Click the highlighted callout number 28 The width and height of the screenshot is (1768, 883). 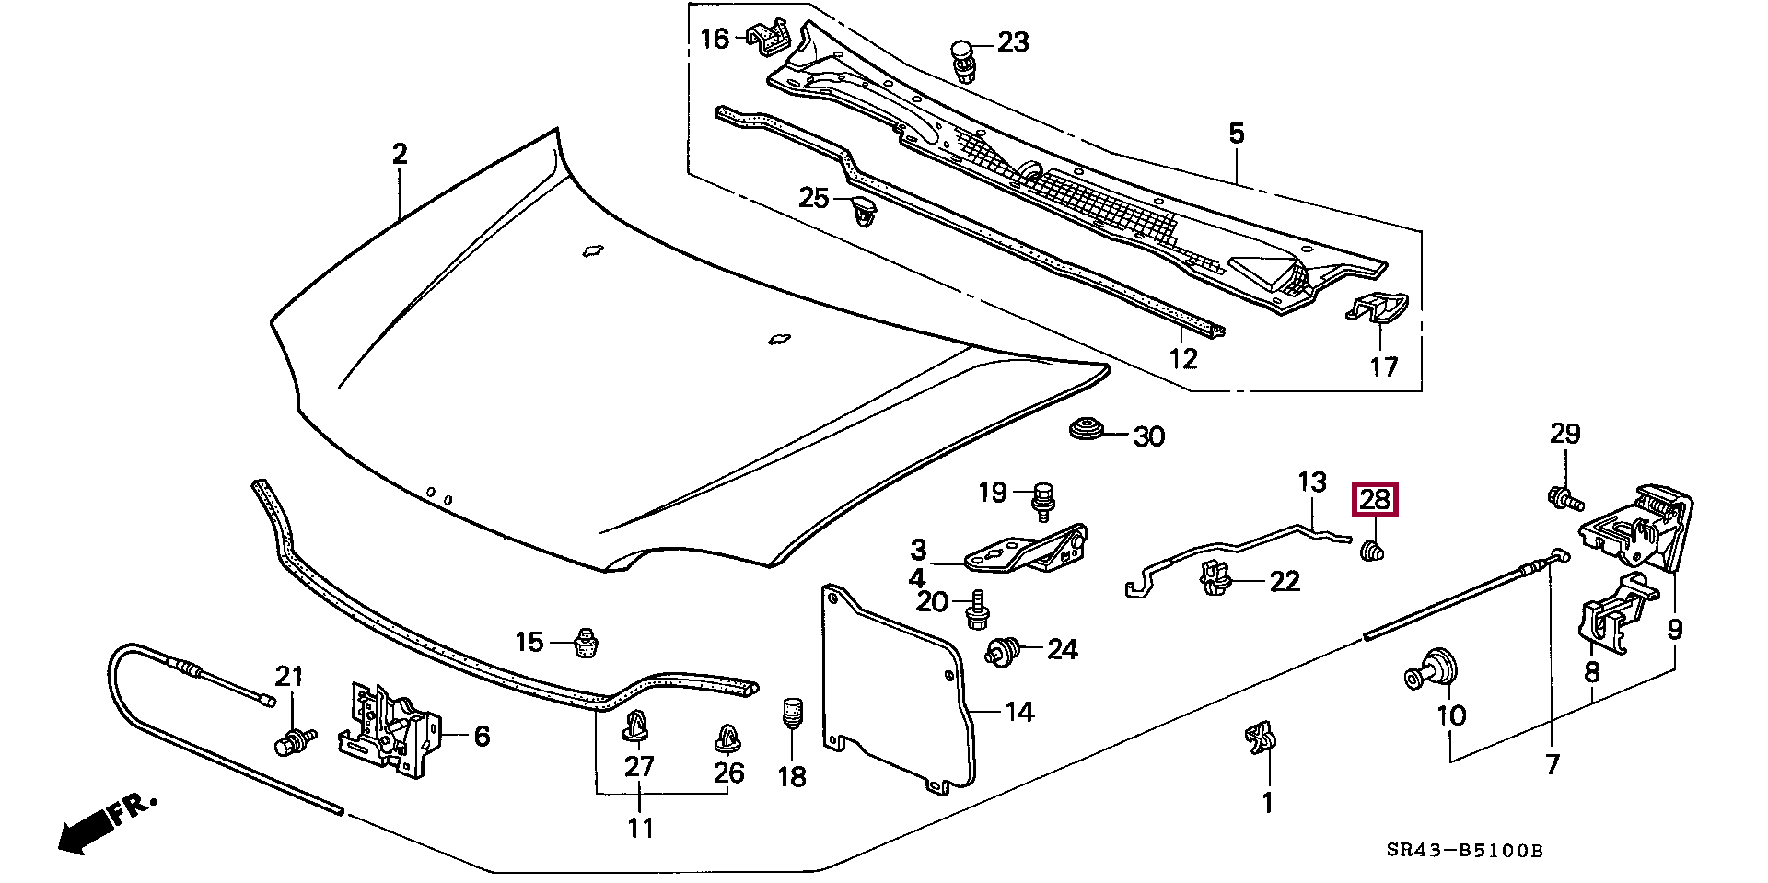[x=1374, y=500]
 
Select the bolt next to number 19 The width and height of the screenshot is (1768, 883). [x=1044, y=500]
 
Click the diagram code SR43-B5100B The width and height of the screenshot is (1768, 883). [x=1464, y=850]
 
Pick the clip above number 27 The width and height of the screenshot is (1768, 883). [x=635, y=726]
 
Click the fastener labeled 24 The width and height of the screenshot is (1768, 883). [x=1006, y=651]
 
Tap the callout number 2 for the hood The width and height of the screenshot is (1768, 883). [x=399, y=153]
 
